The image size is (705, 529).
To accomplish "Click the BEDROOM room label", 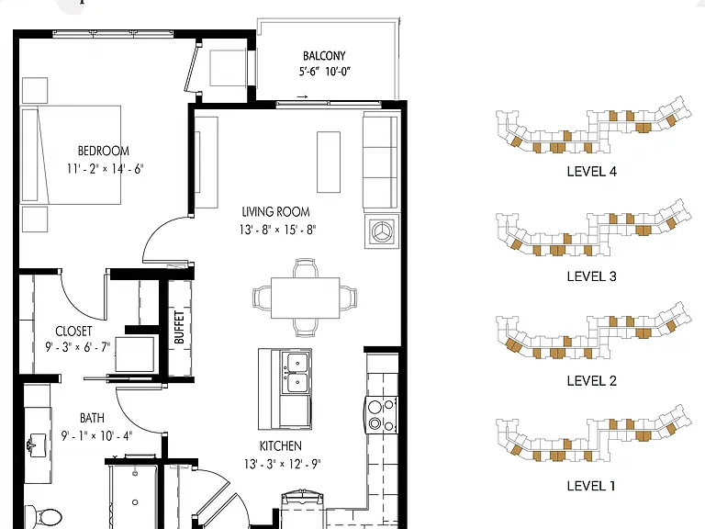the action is point(104,151).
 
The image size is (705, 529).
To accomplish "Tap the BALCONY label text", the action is point(324,56).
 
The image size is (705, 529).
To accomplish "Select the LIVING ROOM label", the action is point(275,211).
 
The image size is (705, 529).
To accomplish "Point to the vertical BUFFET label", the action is point(179,327).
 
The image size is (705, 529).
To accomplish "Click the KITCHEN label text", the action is point(281,445).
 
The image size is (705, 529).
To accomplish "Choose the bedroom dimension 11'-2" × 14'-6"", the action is point(105,169).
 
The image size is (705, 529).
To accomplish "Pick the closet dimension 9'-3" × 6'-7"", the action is point(77,347).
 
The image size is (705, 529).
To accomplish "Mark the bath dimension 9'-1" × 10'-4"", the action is point(96,435).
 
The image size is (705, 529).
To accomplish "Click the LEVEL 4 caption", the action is point(592,172).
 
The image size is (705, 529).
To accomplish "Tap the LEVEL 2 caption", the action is point(592,381).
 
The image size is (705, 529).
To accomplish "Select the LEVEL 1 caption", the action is point(591,486).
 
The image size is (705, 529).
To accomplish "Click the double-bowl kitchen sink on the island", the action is point(296,373).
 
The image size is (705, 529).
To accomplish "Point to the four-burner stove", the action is point(381,415).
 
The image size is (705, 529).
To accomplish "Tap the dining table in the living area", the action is point(306,298).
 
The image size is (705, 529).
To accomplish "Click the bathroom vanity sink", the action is point(36,445).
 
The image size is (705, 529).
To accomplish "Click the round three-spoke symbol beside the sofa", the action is point(382,231).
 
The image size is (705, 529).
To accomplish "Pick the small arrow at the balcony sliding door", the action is point(302,96).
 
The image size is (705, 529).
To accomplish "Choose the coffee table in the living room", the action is point(329,162).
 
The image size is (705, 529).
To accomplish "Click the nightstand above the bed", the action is point(35,90).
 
